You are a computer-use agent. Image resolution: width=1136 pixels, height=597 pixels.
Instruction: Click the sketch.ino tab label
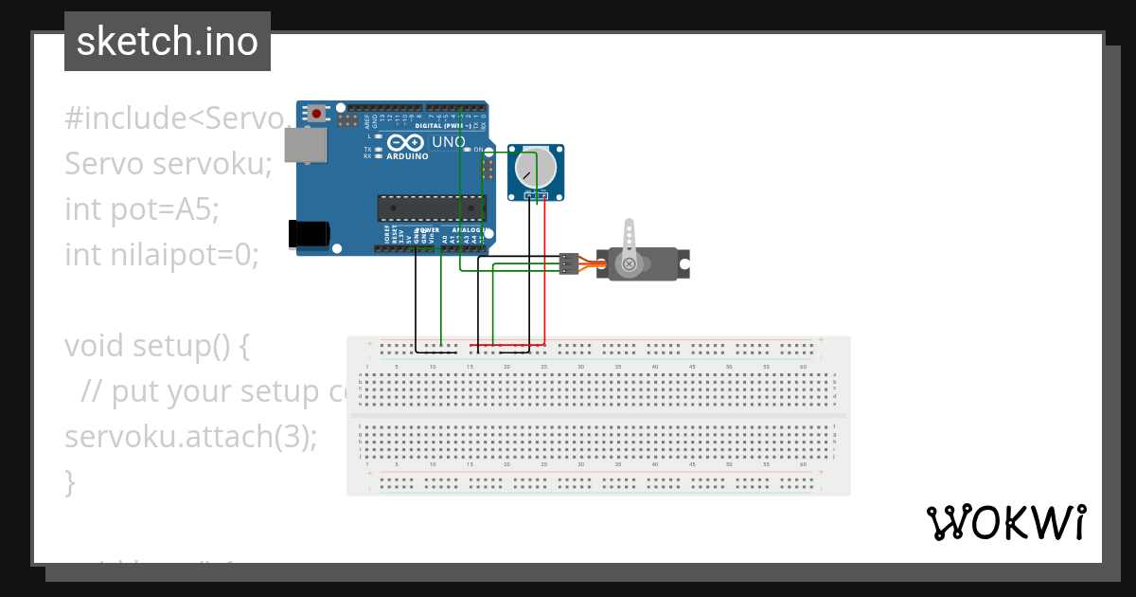click(x=168, y=42)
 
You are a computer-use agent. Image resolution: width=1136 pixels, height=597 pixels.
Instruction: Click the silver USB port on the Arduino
click(x=306, y=145)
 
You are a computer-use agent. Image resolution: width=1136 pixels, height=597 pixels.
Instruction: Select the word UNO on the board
click(x=449, y=142)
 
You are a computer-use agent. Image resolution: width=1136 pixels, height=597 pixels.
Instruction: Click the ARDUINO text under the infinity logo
click(x=407, y=156)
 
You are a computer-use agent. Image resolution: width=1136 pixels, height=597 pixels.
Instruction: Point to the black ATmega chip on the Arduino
click(x=431, y=208)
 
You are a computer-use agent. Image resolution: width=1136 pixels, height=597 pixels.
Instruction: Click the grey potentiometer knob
click(x=535, y=171)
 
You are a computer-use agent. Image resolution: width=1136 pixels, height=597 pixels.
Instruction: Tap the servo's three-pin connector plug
click(x=568, y=263)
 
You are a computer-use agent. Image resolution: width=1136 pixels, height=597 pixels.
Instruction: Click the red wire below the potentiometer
click(x=545, y=275)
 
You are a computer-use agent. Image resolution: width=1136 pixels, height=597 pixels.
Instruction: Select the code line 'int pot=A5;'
click(x=142, y=208)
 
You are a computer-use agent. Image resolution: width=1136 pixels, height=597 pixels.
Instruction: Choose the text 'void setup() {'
click(x=157, y=346)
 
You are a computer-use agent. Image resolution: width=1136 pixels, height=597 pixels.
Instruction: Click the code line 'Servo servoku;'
click(x=169, y=164)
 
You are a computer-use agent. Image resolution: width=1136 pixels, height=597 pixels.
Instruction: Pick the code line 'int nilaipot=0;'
click(x=162, y=254)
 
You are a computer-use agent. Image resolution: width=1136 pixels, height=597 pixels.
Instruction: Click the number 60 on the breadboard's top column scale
click(x=803, y=366)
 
